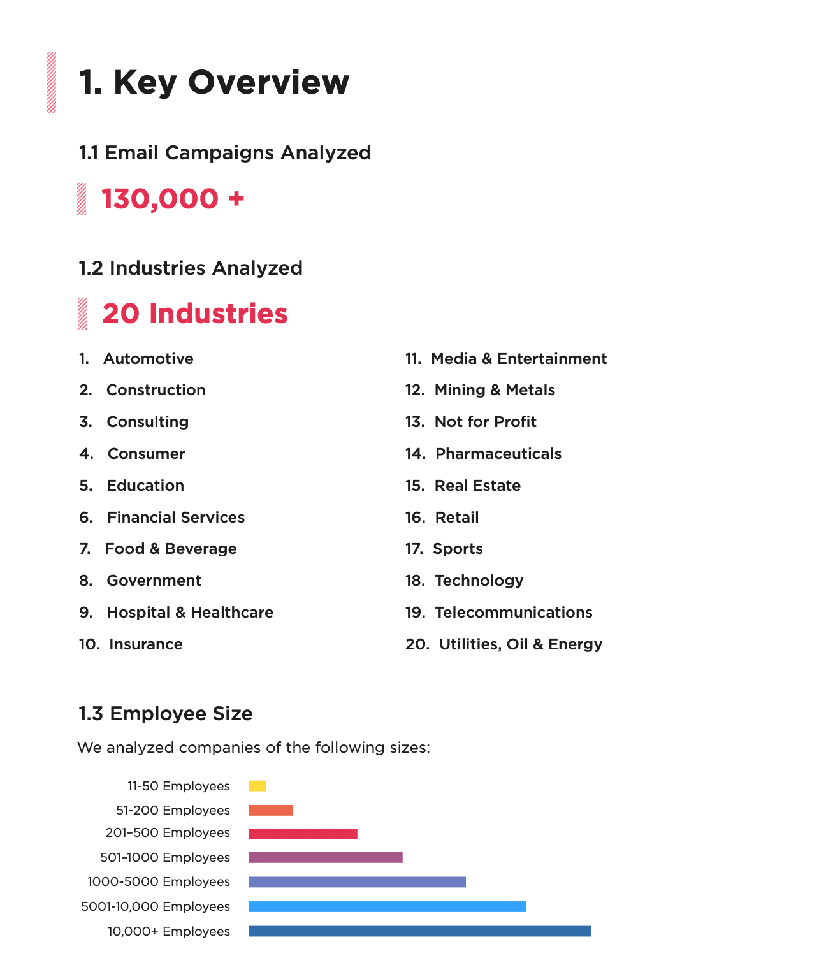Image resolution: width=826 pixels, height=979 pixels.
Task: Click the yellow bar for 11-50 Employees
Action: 257,786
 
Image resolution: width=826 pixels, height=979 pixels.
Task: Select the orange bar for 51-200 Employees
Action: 271,810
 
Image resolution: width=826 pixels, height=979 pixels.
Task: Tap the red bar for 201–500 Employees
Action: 303,834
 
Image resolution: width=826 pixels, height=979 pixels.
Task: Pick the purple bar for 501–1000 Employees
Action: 326,857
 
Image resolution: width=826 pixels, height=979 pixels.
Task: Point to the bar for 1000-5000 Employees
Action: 357,882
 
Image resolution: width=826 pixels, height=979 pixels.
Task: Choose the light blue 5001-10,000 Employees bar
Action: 388,906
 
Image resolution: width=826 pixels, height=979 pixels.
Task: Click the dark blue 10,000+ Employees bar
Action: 420,931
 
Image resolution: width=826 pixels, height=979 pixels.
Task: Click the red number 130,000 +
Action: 173,199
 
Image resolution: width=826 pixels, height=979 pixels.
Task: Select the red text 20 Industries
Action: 195,314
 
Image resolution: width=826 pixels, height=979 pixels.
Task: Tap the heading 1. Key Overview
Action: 214,82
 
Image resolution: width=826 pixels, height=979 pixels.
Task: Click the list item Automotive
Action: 148,359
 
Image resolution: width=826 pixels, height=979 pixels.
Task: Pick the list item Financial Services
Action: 175,518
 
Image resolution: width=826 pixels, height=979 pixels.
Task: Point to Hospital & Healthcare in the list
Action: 190,613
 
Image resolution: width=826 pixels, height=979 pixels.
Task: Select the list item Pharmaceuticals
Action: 498,454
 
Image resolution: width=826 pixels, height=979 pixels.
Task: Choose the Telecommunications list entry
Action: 513,613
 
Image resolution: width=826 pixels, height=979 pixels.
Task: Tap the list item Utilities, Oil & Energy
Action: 520,644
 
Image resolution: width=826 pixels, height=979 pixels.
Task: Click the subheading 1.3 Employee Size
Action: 166,714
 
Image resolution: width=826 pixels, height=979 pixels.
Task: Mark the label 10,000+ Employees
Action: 169,931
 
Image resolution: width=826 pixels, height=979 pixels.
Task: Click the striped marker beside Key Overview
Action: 52,82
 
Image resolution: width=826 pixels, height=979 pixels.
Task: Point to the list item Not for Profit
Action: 485,422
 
